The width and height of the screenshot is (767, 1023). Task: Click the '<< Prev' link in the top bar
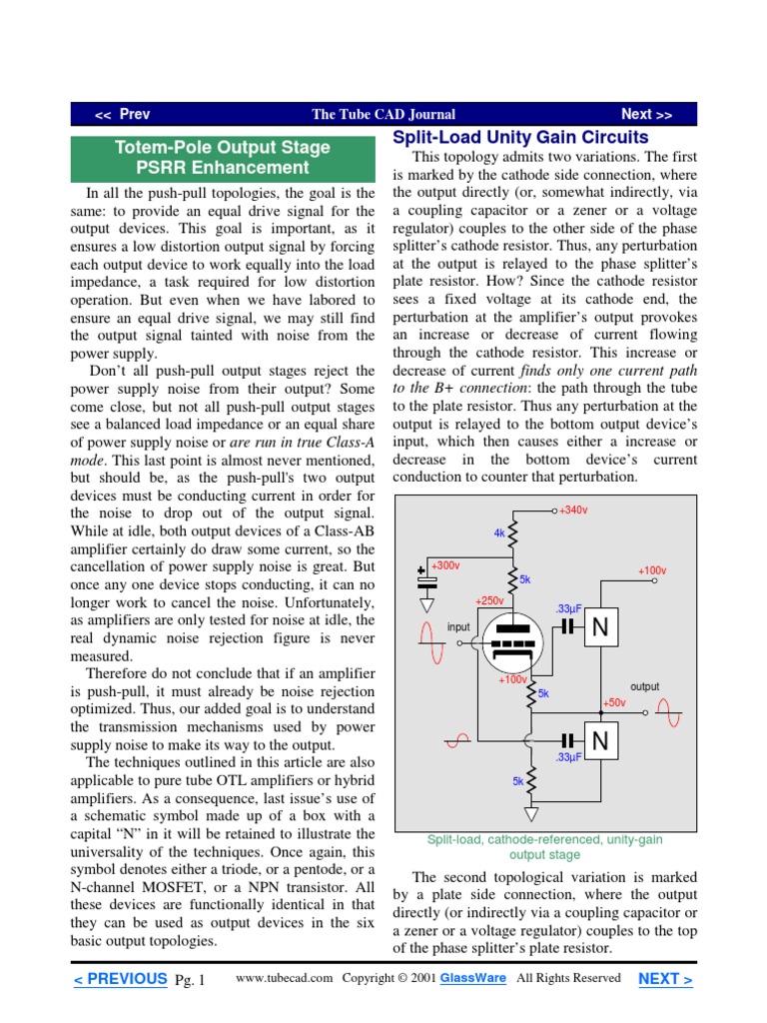pos(122,115)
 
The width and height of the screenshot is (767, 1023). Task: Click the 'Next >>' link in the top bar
pos(646,115)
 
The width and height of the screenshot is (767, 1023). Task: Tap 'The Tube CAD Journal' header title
pos(383,115)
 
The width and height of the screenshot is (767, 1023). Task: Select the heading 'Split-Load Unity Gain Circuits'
pos(520,138)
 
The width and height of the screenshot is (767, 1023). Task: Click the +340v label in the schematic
pos(573,511)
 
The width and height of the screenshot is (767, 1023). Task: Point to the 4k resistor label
pos(499,533)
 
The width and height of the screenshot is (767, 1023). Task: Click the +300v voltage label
pos(445,565)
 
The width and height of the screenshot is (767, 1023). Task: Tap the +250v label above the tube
pos(489,600)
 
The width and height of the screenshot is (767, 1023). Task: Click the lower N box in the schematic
pos(601,740)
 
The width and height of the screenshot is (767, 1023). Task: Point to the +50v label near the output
pos(614,703)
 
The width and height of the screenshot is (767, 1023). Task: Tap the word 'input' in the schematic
pos(458,627)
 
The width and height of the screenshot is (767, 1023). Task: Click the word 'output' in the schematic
pos(644,687)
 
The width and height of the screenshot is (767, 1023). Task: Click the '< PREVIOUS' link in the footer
pos(120,979)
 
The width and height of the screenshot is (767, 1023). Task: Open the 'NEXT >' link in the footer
pos(665,979)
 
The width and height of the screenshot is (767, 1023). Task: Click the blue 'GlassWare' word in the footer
pos(473,978)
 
